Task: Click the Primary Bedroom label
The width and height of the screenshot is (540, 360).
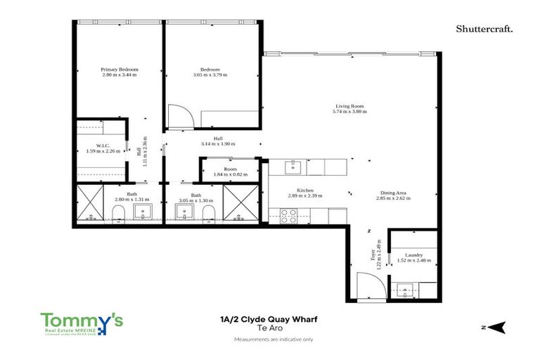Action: coord(119,70)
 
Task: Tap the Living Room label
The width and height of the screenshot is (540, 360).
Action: coord(350,106)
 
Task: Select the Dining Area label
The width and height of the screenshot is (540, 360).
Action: coord(393,193)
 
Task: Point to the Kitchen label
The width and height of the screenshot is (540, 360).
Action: coord(304,191)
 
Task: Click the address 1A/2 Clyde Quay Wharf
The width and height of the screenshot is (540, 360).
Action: coord(269,319)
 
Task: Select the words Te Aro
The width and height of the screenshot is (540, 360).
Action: coord(269,328)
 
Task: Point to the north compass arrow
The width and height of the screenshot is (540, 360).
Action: coord(498,326)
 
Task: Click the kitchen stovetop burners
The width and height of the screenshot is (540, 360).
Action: coord(289,216)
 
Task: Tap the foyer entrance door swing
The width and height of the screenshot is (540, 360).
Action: coord(369,284)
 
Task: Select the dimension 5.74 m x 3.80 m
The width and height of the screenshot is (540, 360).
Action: coord(350,111)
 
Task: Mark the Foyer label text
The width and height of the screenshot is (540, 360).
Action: coord(373,253)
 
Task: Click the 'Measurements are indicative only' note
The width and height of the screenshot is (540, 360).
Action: coord(269,339)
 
